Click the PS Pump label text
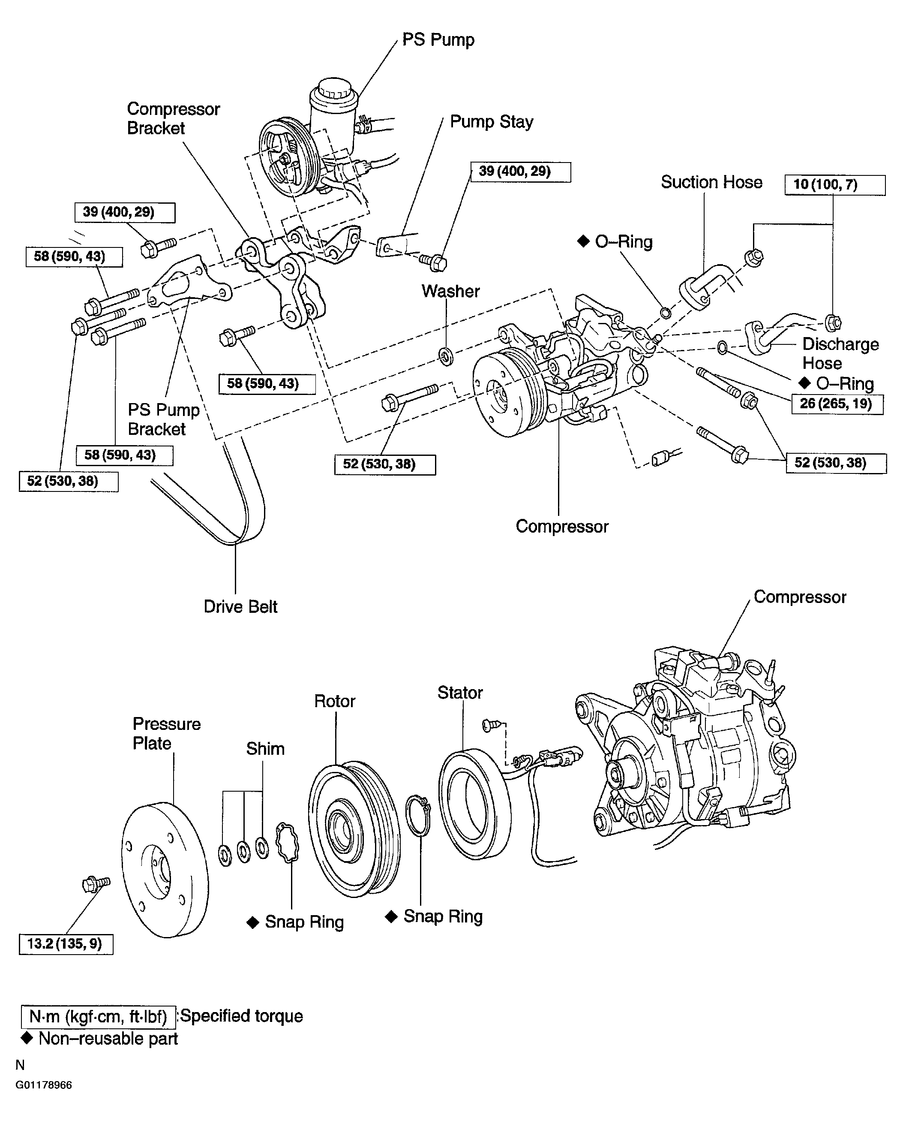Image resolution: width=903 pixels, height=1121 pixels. click(x=438, y=40)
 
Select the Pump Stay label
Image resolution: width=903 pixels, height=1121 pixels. click(x=492, y=122)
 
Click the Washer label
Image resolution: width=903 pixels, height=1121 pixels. click(x=450, y=291)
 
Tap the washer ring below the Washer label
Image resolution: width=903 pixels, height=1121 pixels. click(x=446, y=356)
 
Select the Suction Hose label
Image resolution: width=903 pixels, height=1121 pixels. click(x=711, y=182)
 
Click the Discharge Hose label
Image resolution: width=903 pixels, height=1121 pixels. click(x=840, y=353)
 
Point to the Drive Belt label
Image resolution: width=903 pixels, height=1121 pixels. click(x=240, y=607)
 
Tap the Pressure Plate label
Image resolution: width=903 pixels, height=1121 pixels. click(x=166, y=733)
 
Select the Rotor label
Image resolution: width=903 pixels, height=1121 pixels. click(x=334, y=701)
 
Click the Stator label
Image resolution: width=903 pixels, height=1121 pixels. click(x=460, y=693)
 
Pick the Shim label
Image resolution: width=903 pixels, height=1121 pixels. click(x=265, y=748)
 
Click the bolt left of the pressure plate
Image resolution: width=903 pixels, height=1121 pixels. click(x=96, y=884)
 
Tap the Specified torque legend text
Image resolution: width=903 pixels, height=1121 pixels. click(x=241, y=1016)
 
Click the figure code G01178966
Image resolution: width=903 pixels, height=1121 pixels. click(x=44, y=1085)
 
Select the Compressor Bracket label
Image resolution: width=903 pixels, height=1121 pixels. click(x=173, y=119)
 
